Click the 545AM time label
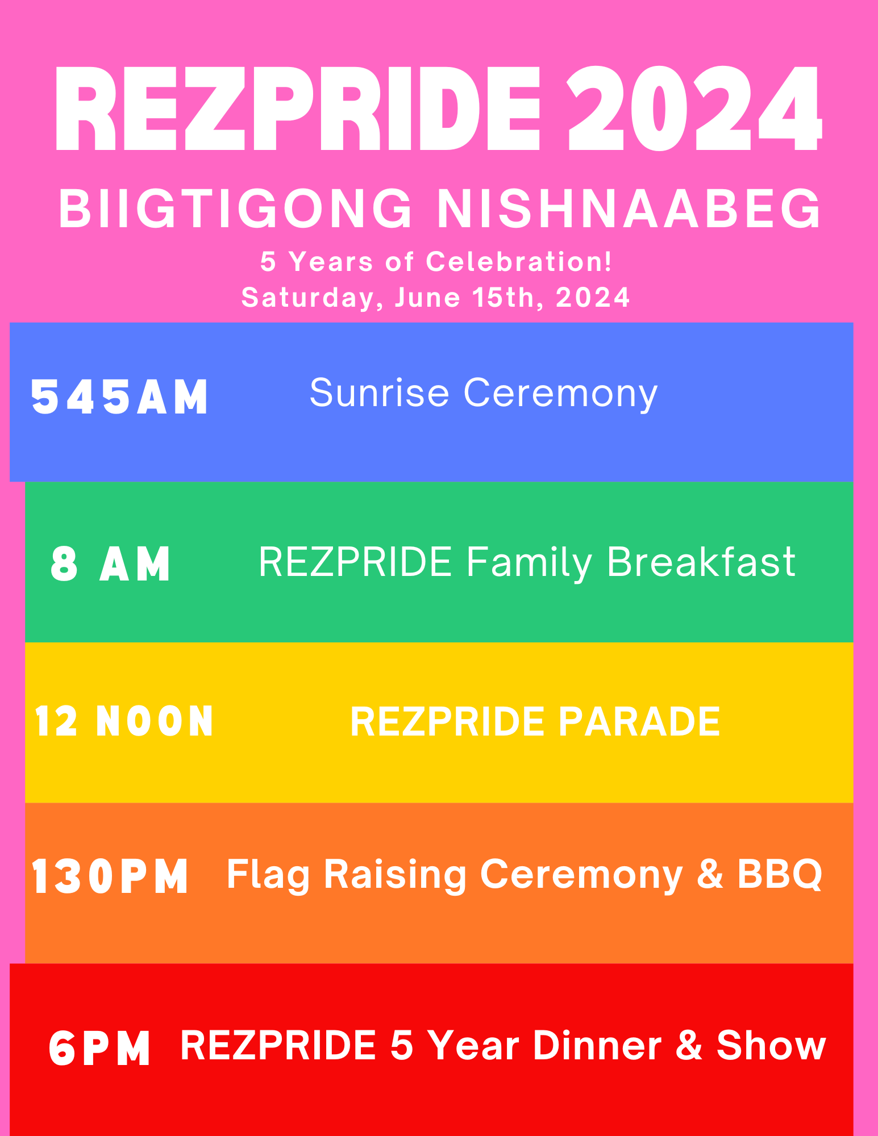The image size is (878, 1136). point(120,397)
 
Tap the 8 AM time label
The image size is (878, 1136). point(110,563)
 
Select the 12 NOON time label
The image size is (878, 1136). point(124,721)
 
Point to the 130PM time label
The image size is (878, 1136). point(110,876)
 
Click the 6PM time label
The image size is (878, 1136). point(99,1048)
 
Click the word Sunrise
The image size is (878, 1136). point(379,392)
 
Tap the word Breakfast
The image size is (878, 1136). point(701,562)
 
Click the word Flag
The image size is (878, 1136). point(268,875)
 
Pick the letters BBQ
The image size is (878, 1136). point(780,874)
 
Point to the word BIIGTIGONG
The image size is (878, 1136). point(235,208)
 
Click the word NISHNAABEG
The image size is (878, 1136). point(629,208)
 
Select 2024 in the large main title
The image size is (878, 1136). point(695,108)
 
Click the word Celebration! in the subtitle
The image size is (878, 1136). point(519,262)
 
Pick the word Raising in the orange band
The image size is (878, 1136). point(395,875)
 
